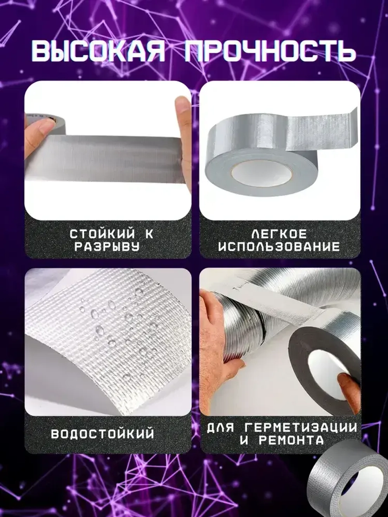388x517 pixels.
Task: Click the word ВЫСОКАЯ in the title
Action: pos(98,51)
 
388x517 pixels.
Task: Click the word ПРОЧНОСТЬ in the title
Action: pos(269,51)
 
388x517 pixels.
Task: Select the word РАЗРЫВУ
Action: pos(112,247)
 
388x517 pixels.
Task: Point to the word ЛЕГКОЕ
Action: pos(279,234)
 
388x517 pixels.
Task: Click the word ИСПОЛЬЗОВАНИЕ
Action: pos(279,247)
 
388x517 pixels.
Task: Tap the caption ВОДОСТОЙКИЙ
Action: pos(102,433)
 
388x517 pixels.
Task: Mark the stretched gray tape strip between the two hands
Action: pos(116,159)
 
